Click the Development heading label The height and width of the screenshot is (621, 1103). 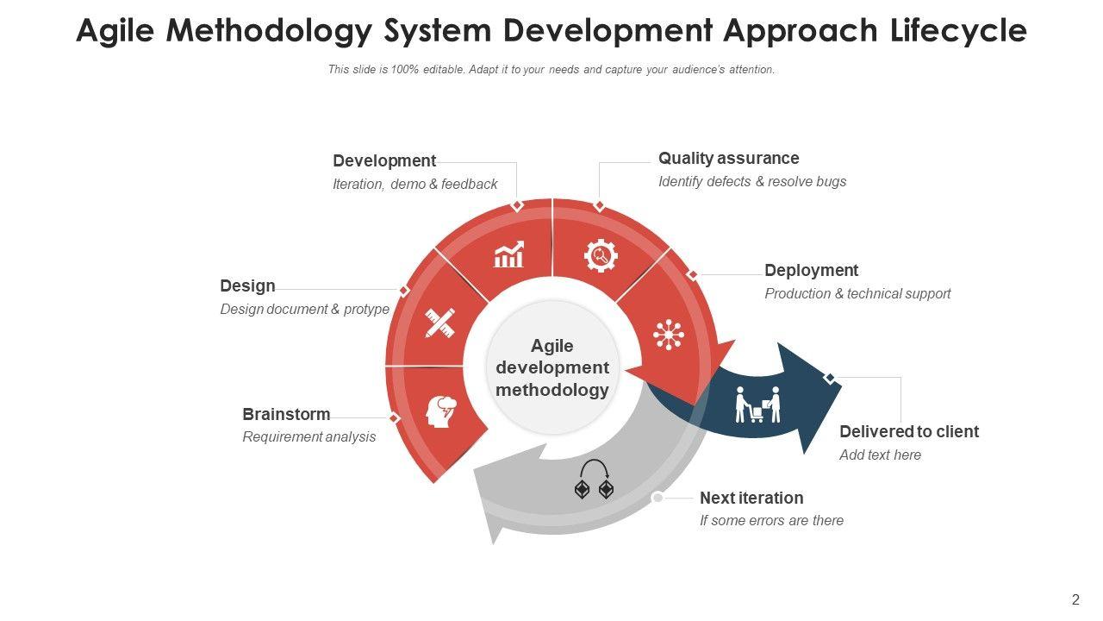(384, 161)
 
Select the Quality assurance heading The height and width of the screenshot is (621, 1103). (728, 159)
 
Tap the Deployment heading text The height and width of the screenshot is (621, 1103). (811, 271)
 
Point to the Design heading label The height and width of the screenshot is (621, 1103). (247, 286)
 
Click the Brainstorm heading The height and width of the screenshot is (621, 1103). (286, 415)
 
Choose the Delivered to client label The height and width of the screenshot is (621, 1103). (909, 432)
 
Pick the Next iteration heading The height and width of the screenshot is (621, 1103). (751, 499)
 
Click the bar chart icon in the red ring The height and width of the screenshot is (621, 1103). (508, 254)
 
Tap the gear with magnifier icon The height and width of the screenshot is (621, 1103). (601, 255)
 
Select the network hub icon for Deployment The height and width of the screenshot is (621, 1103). (669, 334)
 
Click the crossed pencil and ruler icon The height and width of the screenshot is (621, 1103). (439, 323)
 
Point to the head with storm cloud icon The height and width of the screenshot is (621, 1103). (442, 411)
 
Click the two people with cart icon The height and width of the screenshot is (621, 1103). (757, 405)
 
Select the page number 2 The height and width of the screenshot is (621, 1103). (1075, 600)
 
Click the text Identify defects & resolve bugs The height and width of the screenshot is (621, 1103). (752, 182)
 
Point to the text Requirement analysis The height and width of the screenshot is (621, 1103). (308, 437)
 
